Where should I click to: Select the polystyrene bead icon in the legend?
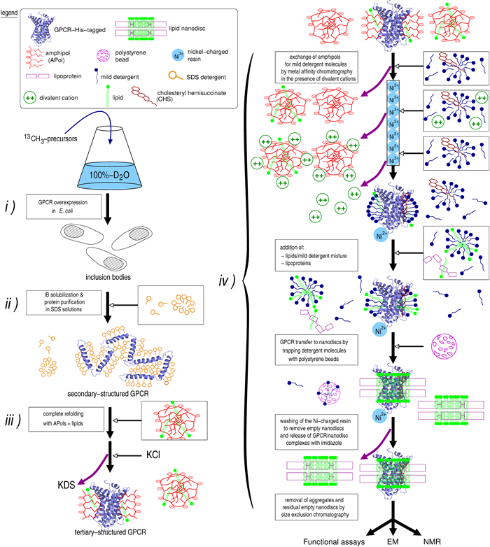click(x=116, y=55)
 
